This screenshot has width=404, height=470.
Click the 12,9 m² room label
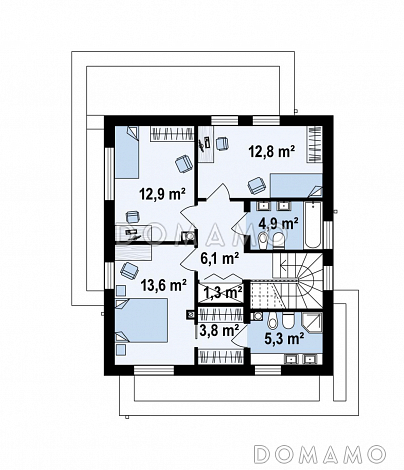pyautogui.click(x=162, y=194)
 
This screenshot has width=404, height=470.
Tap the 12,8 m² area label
pyautogui.click(x=272, y=151)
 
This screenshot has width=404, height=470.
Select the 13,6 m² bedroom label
pyautogui.click(x=163, y=285)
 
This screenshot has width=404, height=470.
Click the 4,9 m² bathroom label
pyautogui.click(x=278, y=224)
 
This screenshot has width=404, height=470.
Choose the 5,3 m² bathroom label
pyautogui.click(x=284, y=338)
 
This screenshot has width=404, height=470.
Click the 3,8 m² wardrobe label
pyautogui.click(x=219, y=330)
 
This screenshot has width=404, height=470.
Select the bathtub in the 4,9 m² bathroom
pyautogui.click(x=313, y=224)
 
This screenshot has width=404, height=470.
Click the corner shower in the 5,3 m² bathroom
pyautogui.click(x=312, y=323)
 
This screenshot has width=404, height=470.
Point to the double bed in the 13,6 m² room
pyautogui.click(x=141, y=320)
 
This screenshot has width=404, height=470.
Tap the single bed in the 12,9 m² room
pyautogui.click(x=127, y=152)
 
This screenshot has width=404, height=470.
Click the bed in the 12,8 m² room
pyautogui.click(x=297, y=185)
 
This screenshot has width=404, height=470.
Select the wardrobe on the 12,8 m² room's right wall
pyautogui.click(x=314, y=144)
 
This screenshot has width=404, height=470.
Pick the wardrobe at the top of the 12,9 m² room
pyautogui.click(x=172, y=134)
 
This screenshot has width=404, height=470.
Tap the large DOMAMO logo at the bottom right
pyautogui.click(x=319, y=454)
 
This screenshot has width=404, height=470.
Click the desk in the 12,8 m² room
pyautogui.click(x=206, y=144)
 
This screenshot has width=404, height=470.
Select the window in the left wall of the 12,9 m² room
pyautogui.click(x=109, y=174)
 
